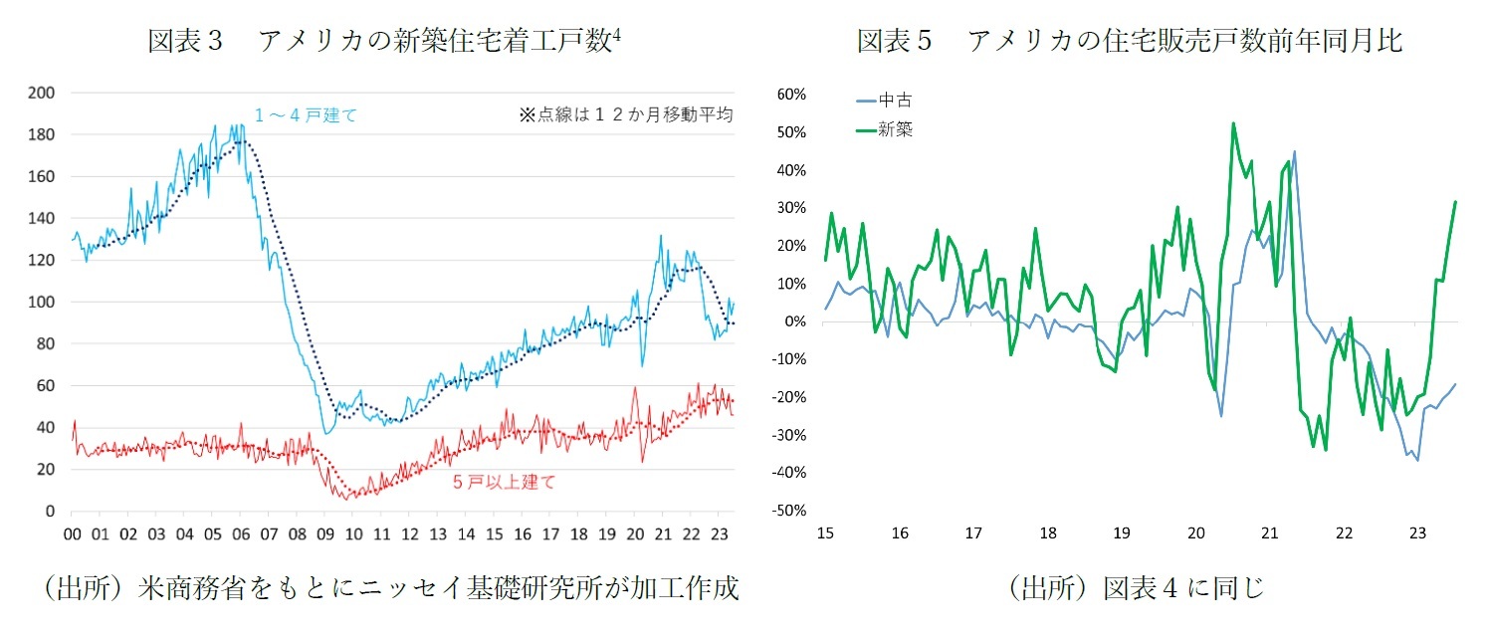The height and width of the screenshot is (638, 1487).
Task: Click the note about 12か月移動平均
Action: (x=625, y=114)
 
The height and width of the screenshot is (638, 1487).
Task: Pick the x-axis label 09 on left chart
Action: (x=324, y=533)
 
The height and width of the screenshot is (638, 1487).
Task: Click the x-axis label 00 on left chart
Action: (x=73, y=533)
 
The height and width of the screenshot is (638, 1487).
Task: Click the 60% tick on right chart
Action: (x=790, y=95)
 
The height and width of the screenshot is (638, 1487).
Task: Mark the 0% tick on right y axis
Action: (x=795, y=321)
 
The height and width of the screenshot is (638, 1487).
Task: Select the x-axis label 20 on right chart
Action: (x=1195, y=533)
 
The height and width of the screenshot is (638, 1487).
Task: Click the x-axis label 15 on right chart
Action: (x=824, y=533)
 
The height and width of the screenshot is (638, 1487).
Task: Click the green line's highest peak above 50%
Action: (x=1233, y=123)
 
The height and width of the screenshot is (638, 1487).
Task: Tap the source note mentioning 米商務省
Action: (x=389, y=588)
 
